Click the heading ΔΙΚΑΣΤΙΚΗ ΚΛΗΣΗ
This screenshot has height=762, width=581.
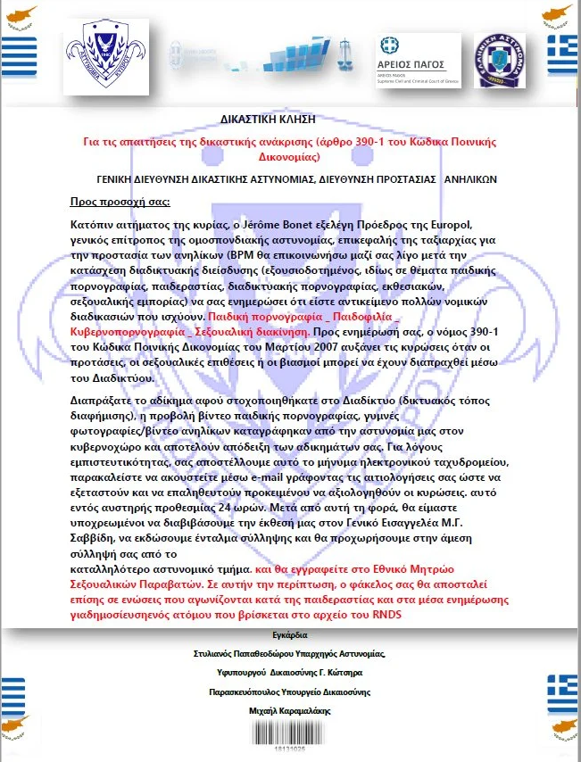[x=267, y=118]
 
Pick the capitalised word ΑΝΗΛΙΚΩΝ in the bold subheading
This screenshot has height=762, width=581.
[x=470, y=178]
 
